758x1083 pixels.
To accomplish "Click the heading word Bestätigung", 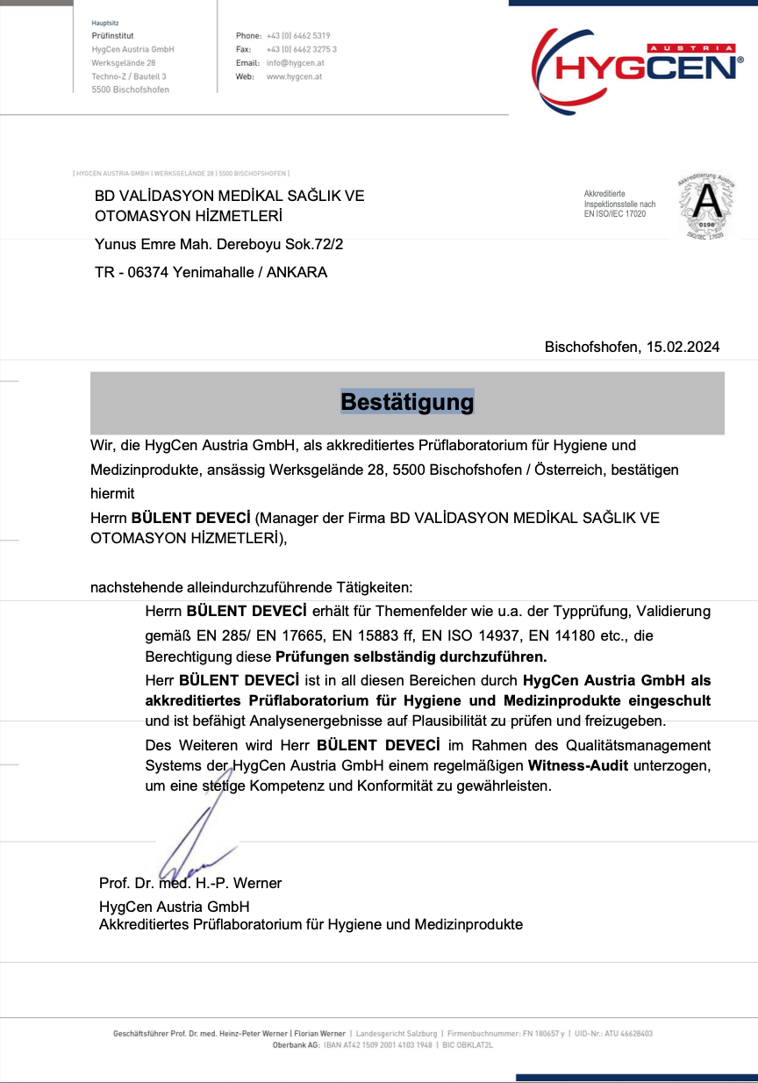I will (407, 402).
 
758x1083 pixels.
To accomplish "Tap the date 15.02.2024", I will (683, 347).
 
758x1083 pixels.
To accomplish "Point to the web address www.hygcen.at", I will (294, 76).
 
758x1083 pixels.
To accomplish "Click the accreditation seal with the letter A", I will (706, 205).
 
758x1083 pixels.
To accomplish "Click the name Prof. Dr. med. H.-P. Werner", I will (190, 883).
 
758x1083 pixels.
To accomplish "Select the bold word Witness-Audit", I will (578, 765).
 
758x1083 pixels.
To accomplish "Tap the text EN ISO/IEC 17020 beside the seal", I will (615, 213).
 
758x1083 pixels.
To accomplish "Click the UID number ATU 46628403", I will (627, 1034).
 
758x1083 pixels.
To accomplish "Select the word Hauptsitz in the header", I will (105, 22).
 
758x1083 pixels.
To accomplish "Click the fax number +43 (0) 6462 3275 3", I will (302, 49).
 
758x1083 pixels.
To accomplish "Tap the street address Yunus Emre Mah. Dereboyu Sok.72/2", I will (218, 244).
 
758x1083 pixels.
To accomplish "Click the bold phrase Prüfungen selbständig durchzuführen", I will (411, 656).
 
